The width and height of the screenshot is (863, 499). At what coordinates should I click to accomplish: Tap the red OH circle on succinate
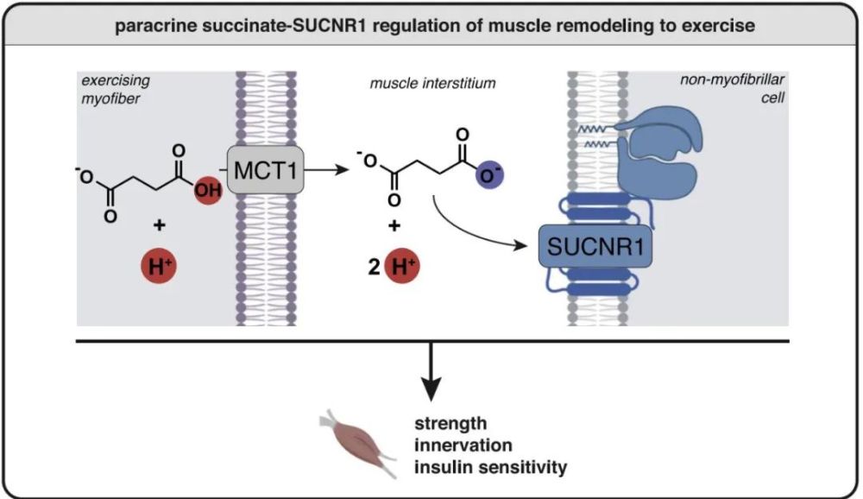[208, 189]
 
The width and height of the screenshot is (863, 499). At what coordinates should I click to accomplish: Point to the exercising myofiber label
[113, 91]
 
